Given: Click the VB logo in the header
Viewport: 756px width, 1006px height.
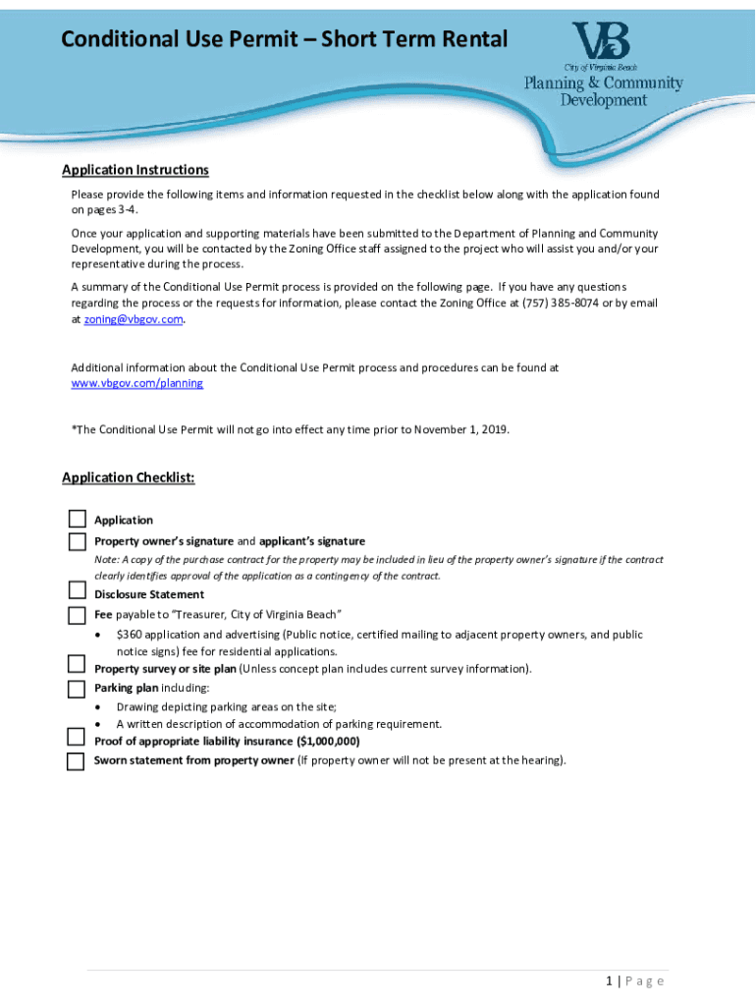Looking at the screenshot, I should click(602, 42).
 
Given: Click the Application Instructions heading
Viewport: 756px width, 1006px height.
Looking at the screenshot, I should click(135, 170).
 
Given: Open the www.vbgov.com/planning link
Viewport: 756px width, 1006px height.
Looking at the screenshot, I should click(137, 383).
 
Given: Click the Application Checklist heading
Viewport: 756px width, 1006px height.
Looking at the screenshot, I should click(129, 477).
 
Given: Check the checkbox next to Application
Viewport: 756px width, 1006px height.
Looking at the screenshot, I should click(77, 519).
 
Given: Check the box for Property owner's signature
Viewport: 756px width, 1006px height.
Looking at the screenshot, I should click(77, 541).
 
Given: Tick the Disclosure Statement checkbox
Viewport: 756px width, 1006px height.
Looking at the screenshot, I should click(77, 590).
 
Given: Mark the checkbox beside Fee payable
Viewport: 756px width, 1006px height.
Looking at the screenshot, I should click(77, 615).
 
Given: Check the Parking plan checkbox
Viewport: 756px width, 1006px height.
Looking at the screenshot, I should click(77, 689).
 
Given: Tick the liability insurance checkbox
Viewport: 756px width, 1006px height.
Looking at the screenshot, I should click(77, 738).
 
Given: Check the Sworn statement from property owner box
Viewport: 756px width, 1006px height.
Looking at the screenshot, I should click(77, 761).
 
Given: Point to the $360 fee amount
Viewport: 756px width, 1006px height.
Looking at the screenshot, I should click(131, 635).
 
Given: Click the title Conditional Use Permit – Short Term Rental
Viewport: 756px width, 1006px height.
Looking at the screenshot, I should click(285, 40).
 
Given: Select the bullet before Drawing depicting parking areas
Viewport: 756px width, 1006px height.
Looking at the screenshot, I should click(99, 707).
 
